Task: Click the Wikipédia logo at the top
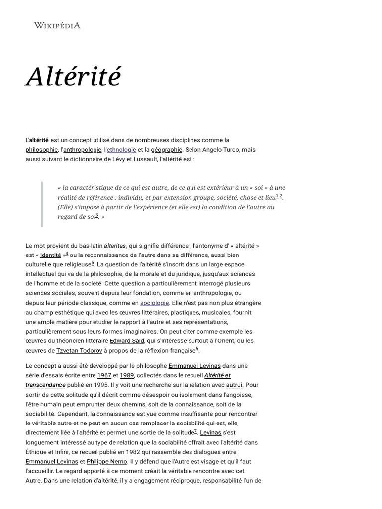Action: coord(57,25)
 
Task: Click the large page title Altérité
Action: coord(74,77)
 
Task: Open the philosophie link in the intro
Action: coord(42,149)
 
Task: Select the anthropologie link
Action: coord(82,149)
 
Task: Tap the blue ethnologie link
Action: coord(122,149)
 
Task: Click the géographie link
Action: coord(167,149)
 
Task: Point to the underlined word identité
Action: coord(50,255)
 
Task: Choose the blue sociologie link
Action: coord(155,303)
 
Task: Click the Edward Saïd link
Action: coord(127,341)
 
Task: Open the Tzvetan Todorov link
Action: coord(80,350)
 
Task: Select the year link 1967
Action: coord(104,375)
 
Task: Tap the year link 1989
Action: coord(127,375)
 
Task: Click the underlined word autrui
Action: coord(234,385)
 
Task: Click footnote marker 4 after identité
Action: coord(67,253)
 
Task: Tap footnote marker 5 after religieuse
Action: coord(93,262)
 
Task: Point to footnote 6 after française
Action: coord(197,348)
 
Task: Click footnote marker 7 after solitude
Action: coord(195,430)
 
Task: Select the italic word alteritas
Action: coord(115,246)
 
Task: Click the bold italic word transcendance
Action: coord(45,385)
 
